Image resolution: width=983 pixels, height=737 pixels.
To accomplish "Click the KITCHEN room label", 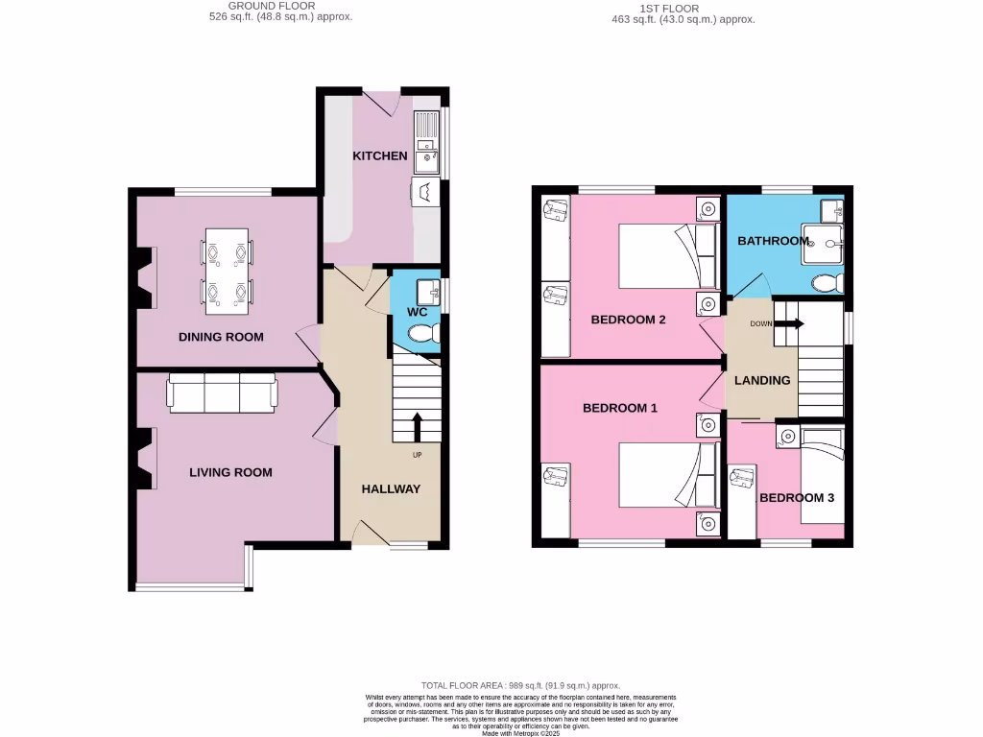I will [379, 155].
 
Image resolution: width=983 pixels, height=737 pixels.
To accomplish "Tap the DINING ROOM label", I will [221, 337].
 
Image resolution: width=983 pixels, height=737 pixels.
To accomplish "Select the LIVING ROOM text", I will [230, 472].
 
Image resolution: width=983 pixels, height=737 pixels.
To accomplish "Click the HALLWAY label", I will [391, 488].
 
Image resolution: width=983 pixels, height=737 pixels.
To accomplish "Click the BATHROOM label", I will [773, 241].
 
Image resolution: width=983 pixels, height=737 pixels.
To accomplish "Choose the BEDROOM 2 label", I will [628, 320].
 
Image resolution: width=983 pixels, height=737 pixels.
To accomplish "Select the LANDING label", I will [762, 380].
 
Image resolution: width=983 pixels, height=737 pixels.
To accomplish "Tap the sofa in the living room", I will [223, 392].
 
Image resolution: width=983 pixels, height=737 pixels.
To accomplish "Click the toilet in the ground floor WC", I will [422, 333].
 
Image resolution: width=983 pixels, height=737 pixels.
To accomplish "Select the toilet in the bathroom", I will [826, 283].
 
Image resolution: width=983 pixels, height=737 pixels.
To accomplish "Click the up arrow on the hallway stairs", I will [418, 427].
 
